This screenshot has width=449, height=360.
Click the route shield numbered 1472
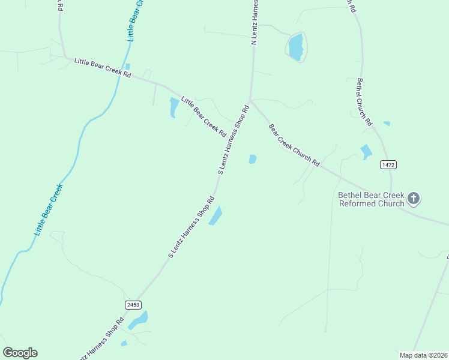coord(388,164)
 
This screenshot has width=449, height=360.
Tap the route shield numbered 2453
coord(133,305)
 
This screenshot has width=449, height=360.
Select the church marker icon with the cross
coord(414,198)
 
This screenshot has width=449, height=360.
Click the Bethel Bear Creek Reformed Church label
coord(371,199)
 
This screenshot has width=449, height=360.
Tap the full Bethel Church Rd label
coord(365,102)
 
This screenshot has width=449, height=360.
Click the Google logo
coord(20,353)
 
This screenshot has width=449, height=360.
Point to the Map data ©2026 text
coord(423,355)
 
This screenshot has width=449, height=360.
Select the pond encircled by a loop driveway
coord(296,47)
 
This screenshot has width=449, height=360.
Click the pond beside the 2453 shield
coord(139,320)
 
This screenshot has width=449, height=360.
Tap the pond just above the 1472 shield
coord(366,151)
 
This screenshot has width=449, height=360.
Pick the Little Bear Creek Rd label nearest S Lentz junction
coord(203,116)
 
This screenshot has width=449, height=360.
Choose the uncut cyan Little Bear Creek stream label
coord(48,209)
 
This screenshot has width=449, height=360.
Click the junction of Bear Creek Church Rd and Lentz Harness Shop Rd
coord(250,101)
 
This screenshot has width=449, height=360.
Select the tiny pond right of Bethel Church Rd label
coord(387,124)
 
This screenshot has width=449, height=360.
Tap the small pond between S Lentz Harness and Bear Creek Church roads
coord(253,159)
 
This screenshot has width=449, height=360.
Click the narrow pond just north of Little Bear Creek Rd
coord(127,67)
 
